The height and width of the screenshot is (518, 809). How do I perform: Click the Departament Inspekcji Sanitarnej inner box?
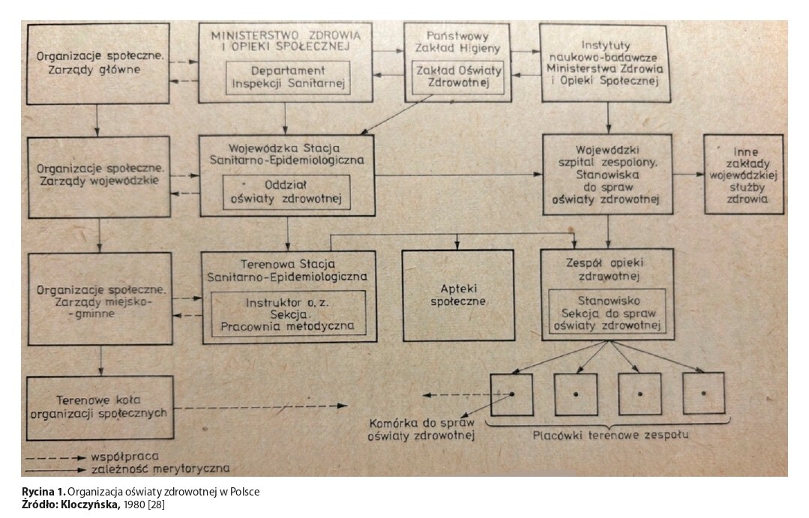tap(289, 78)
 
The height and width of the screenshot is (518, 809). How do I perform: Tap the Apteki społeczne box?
tap(457, 294)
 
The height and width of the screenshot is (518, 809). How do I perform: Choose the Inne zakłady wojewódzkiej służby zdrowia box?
tap(742, 174)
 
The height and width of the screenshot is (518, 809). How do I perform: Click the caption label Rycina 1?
tap(43, 492)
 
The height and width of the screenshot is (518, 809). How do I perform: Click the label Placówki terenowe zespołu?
tap(610, 436)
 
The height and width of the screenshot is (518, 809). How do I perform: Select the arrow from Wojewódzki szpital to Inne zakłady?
tap(688, 174)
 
